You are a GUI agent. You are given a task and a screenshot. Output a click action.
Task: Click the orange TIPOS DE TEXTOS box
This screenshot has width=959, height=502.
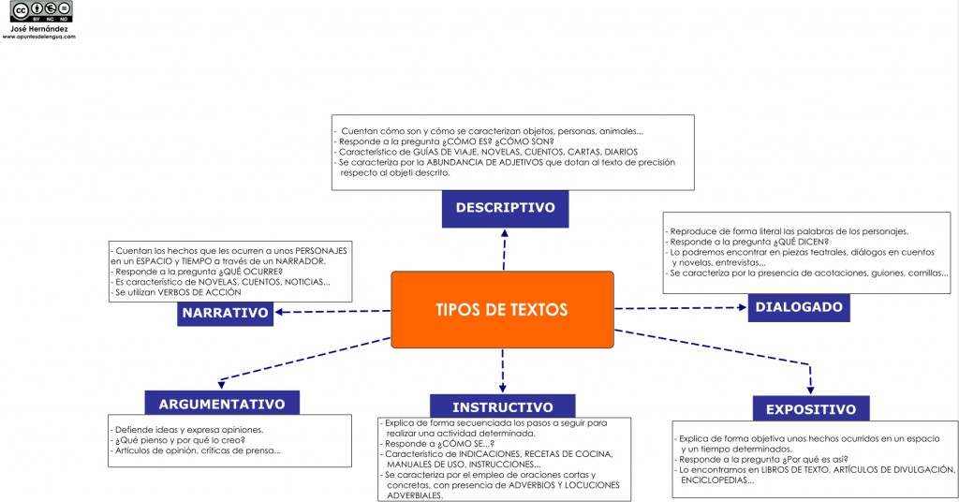click(502, 309)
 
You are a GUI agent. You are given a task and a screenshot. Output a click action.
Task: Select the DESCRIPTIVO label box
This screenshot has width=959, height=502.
click(505, 209)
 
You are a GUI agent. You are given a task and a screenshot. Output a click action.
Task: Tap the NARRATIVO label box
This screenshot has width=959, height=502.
click(225, 313)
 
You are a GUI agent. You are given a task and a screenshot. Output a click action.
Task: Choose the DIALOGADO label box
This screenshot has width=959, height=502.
click(799, 307)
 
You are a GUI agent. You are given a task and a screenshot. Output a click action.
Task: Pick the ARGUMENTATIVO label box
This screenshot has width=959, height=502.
click(222, 403)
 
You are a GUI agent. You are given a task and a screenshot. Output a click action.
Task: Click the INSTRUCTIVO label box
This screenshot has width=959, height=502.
click(503, 406)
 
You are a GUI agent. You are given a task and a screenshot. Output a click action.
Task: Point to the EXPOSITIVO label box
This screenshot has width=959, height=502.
click(811, 408)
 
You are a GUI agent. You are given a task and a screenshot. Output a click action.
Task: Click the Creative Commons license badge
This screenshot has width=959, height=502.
click(41, 11)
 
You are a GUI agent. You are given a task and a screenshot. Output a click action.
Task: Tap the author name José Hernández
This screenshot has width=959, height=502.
click(39, 29)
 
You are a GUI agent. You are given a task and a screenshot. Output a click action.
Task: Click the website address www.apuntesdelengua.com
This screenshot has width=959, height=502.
click(39, 37)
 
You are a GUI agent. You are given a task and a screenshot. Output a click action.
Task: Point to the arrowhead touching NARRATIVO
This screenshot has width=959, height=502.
click(279, 312)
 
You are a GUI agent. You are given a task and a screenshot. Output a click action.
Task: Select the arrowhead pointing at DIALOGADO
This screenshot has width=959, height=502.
click(743, 307)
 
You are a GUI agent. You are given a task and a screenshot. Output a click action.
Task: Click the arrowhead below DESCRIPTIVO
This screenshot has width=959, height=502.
click(505, 233)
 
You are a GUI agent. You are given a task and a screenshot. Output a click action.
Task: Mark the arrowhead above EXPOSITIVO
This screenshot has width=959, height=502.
click(810, 391)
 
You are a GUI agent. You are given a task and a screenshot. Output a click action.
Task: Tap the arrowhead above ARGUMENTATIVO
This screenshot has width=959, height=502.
click(221, 385)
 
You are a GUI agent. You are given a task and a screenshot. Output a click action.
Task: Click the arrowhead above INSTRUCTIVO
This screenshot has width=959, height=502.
click(503, 389)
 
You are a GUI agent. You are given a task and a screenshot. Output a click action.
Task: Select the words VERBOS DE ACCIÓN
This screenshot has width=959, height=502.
click(199, 293)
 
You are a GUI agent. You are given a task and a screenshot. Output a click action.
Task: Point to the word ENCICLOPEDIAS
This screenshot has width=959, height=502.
click(717, 480)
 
